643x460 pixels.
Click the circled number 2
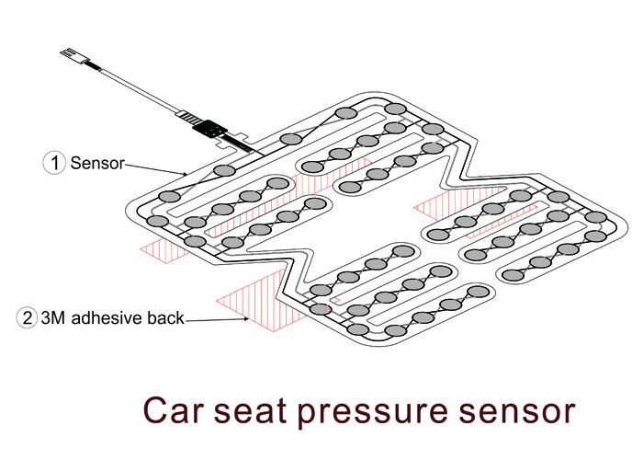pyautogui.click(x=28, y=319)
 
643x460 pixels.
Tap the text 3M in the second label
pyautogui.click(x=55, y=319)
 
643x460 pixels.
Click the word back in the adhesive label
pyautogui.click(x=167, y=319)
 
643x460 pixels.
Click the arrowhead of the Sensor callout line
pyautogui.click(x=188, y=173)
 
